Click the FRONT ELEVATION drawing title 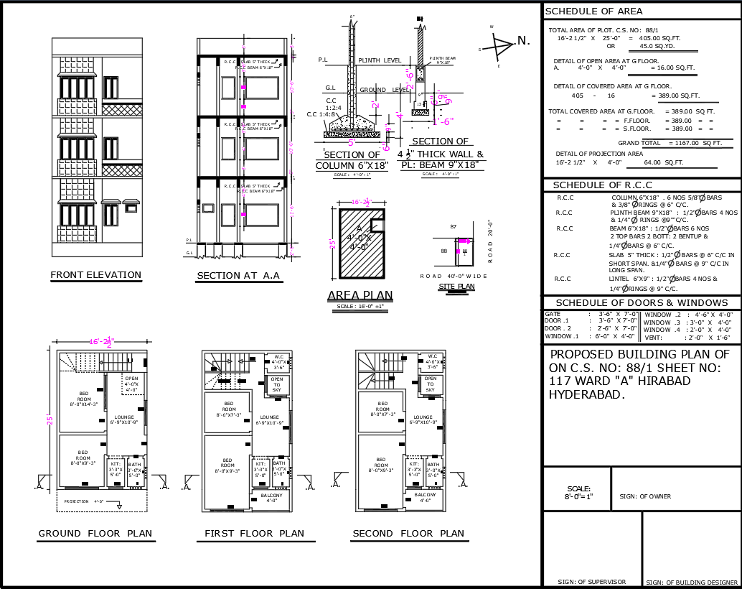96,275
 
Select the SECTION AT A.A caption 239,276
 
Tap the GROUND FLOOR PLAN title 95,534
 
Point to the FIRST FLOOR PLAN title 255,534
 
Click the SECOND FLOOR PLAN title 408,534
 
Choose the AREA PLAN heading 360,295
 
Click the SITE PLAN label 456,287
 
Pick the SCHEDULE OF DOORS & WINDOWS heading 642,303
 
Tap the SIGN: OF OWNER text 645,496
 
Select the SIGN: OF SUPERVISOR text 591,582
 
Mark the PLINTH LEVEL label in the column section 380,61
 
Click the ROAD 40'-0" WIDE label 454,276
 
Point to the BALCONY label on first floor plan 271,496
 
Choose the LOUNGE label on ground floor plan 123,417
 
